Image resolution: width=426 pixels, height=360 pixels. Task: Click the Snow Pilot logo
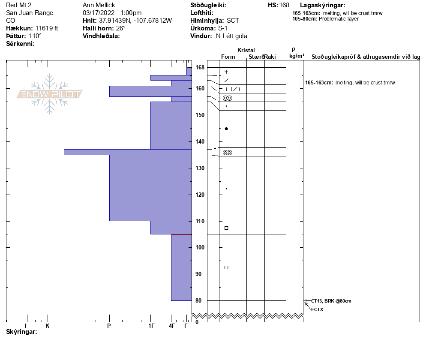click(x=50, y=94)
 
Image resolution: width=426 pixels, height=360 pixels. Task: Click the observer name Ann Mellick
click(x=99, y=5)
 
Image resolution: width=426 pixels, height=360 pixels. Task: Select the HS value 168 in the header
click(x=284, y=5)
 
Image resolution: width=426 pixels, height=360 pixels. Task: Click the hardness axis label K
click(x=48, y=326)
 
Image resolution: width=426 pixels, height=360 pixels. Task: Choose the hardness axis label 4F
click(x=171, y=326)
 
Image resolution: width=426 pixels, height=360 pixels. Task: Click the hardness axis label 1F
click(x=151, y=326)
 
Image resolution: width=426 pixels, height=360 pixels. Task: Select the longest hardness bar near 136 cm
click(x=128, y=152)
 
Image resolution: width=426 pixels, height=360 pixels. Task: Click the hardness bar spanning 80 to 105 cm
click(x=181, y=268)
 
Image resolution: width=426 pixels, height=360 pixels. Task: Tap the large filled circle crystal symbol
click(x=226, y=129)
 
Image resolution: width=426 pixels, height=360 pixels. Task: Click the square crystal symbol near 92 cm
click(x=226, y=267)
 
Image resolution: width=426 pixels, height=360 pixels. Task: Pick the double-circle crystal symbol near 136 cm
click(x=227, y=153)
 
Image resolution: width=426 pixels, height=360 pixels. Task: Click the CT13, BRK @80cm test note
click(x=331, y=301)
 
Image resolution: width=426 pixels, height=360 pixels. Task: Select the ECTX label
click(x=317, y=309)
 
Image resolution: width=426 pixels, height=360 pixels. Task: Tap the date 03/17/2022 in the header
click(x=98, y=13)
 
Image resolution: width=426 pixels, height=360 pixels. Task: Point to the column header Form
click(x=228, y=57)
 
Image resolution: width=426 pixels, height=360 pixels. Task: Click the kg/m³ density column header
click(x=297, y=56)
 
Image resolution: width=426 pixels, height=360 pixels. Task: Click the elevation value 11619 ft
click(x=47, y=28)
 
